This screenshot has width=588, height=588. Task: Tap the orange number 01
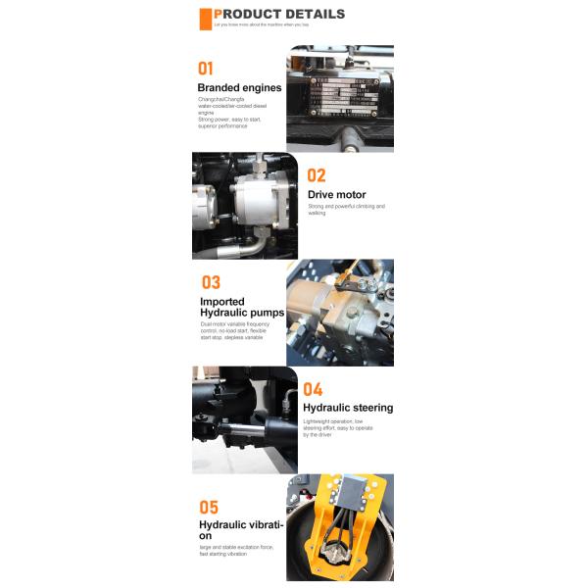206,69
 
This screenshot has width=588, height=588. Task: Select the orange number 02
317,175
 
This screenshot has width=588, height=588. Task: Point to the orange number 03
211,282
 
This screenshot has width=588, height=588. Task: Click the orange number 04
313,389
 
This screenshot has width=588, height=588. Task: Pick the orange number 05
209,508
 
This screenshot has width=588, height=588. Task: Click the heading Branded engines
239,87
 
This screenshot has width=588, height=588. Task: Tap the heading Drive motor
336,194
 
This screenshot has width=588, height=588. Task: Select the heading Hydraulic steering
348,408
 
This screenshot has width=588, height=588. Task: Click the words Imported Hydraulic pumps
241,308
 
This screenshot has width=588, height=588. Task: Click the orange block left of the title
206,19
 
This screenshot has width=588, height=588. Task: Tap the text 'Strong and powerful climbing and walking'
346,210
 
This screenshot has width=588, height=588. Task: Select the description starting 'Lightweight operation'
338,427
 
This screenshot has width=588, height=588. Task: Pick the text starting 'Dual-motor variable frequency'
234,330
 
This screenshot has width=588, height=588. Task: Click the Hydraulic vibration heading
241,530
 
